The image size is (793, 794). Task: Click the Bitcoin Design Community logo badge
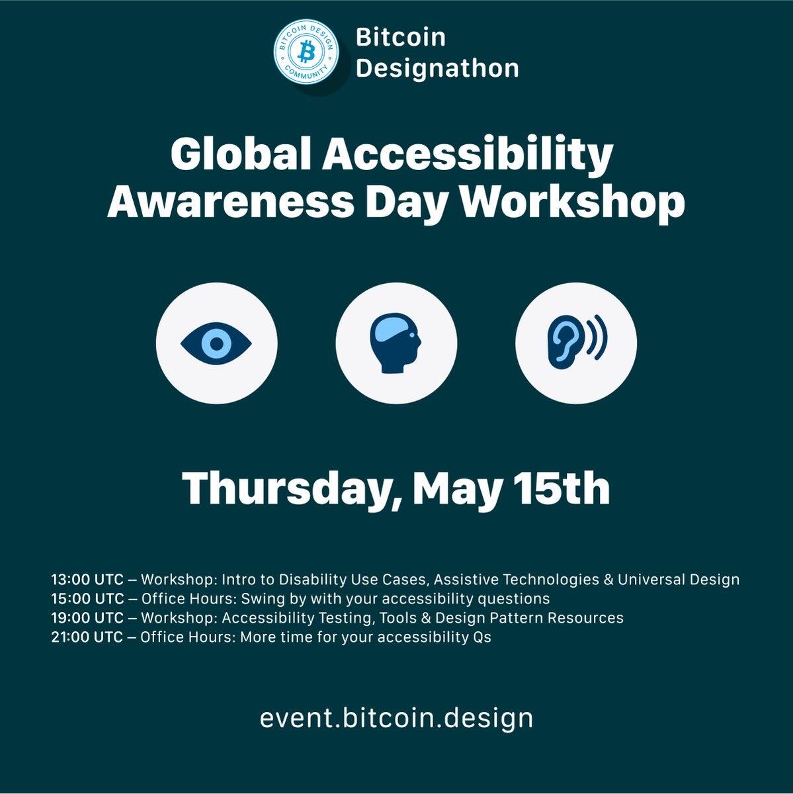click(x=306, y=53)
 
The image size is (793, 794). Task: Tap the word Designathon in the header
click(x=437, y=68)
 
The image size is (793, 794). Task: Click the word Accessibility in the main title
click(x=468, y=155)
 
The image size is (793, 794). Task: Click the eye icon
click(x=216, y=343)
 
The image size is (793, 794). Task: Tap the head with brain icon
click(x=396, y=343)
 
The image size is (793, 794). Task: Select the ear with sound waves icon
click(x=577, y=342)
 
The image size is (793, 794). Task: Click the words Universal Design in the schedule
click(x=678, y=580)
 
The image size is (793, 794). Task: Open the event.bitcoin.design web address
click(x=396, y=718)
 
